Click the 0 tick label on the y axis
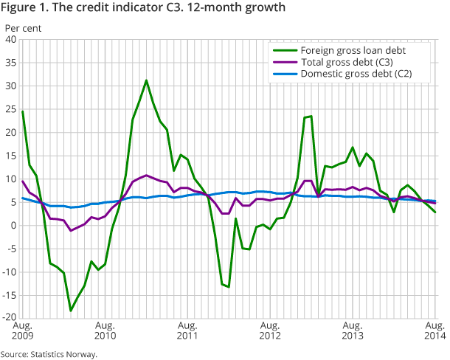tap(14, 226)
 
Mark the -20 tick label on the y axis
tap(10, 319)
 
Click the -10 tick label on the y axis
tap(10, 272)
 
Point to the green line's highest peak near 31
tap(146, 80)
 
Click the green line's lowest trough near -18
tap(71, 311)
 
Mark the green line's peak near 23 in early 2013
tap(311, 116)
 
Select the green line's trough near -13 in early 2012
tap(229, 287)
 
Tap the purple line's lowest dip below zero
tap(71, 231)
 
